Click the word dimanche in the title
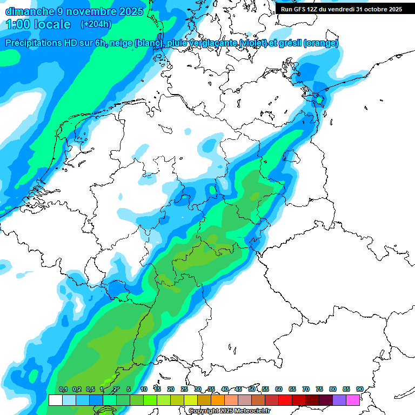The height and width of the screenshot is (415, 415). [x=30, y=11]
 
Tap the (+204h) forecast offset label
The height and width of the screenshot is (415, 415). [x=96, y=24]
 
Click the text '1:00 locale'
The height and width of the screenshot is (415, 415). [x=38, y=24]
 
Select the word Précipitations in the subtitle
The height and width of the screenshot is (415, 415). [x=33, y=43]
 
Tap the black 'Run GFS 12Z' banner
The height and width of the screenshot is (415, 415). [x=341, y=9]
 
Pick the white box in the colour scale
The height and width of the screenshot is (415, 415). [x=55, y=400]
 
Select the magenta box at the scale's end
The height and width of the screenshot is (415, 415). [x=353, y=400]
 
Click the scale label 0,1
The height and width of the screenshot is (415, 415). [x=63, y=389]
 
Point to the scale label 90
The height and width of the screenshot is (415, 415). [x=359, y=389]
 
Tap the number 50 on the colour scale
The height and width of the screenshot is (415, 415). [x=252, y=389]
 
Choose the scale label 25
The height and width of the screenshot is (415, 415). [x=184, y=389]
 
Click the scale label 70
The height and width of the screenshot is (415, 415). [x=306, y=389]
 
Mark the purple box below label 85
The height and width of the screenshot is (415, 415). [x=339, y=400]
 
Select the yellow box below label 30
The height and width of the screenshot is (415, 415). [x=191, y=400]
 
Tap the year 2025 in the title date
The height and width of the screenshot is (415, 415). [x=131, y=11]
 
